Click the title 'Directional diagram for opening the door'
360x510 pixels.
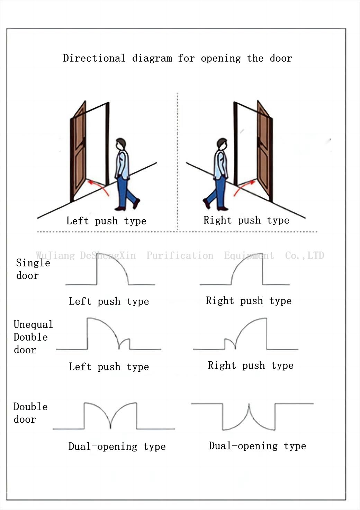point(177,58)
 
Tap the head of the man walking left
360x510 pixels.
point(121,144)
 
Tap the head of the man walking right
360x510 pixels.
point(222,144)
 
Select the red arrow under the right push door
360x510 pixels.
point(244,187)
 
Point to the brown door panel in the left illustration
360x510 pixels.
point(78,152)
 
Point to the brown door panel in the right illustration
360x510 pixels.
point(264,152)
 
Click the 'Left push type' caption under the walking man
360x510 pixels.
point(106,221)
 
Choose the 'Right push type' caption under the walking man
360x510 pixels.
point(246,220)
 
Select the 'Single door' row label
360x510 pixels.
point(33,269)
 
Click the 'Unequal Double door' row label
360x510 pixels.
point(33,337)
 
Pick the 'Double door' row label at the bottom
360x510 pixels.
point(30,413)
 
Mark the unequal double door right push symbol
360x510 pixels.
point(246,334)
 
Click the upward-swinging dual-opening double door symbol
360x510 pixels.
point(110,416)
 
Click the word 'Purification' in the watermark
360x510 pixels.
point(180,256)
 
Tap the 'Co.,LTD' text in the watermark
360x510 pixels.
point(304,256)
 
